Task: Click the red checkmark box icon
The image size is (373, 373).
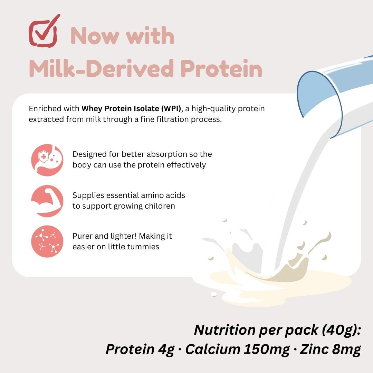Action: pos(43,32)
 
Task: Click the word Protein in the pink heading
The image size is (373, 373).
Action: pos(221,68)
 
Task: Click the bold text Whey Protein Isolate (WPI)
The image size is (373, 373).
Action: pos(131,109)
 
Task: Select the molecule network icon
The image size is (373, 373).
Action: pos(47,241)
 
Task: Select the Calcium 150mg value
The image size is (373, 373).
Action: pos(238,349)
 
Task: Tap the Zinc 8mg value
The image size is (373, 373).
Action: pos(330,349)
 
